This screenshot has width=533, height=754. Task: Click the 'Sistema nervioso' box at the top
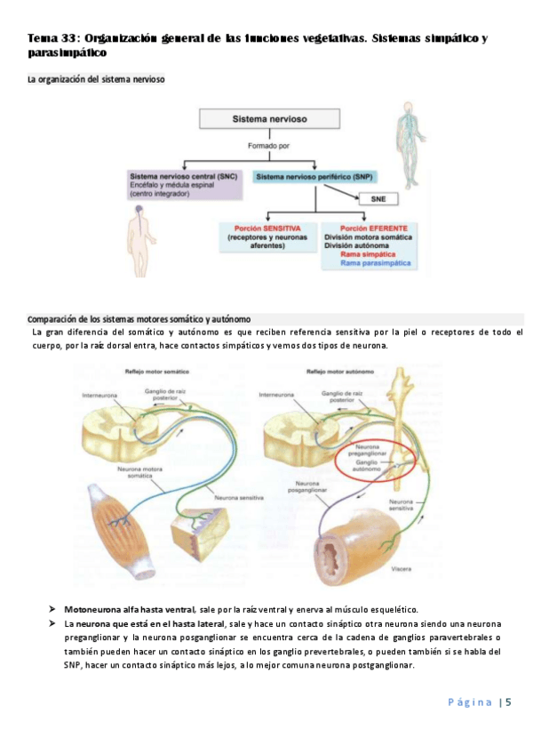[260, 118]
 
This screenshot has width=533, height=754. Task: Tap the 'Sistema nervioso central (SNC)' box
[184, 184]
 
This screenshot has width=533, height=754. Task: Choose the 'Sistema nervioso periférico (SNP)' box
[303, 178]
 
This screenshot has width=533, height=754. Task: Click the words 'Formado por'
[260, 146]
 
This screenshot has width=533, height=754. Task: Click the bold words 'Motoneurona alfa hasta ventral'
[129, 609]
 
